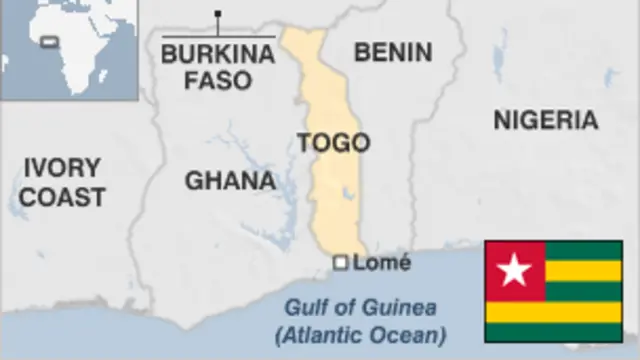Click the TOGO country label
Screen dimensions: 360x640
333,142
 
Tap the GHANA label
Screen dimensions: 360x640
229,181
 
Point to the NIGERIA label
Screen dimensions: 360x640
546,121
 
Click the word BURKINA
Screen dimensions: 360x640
217,54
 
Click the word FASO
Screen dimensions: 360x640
217,79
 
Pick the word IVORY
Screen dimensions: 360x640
62,168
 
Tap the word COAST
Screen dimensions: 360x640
62,197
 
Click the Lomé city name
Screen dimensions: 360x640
381,263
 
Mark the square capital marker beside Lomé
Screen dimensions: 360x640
340,263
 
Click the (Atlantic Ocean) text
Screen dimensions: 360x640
361,333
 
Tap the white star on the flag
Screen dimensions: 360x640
515,270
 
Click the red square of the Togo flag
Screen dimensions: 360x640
515,270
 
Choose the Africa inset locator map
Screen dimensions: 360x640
67,50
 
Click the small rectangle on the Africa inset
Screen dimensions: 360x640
48,42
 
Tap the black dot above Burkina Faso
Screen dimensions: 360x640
218,14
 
